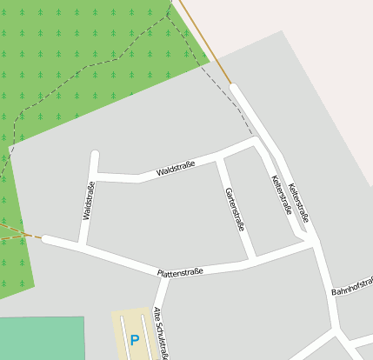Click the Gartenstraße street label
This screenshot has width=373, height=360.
[235, 210]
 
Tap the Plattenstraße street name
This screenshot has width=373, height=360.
[180, 273]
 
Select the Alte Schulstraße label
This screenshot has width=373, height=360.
[161, 333]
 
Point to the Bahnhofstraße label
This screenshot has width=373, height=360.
[352, 285]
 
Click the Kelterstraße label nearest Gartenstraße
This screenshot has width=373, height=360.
[281, 195]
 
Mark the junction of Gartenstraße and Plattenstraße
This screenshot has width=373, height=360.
[252, 261]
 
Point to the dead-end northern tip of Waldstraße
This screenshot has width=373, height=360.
[95, 155]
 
